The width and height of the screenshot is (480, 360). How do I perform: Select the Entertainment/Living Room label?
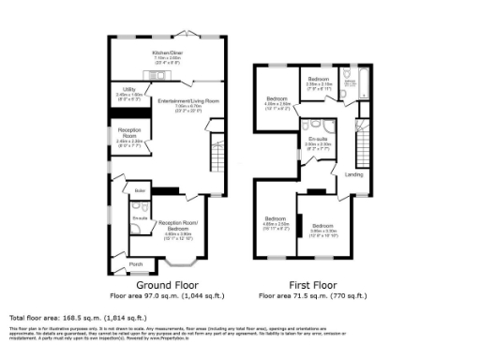click(187, 100)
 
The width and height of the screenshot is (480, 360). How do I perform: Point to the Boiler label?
click(140, 191)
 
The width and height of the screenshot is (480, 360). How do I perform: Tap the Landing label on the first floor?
click(353, 173)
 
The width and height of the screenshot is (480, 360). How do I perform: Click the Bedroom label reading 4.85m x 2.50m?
click(275, 222)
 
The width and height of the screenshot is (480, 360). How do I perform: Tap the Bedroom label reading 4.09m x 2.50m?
click(277, 100)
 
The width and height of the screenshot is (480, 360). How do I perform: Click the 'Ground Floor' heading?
click(165, 284)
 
